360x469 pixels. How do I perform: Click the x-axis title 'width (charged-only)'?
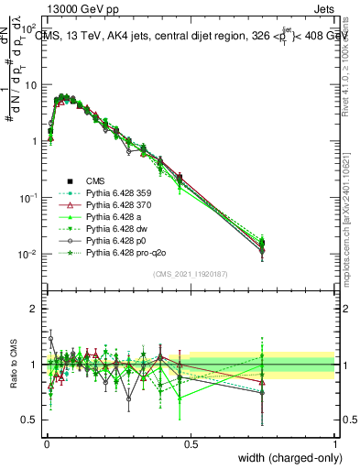286,458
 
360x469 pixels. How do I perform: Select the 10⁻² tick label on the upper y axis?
29,254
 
